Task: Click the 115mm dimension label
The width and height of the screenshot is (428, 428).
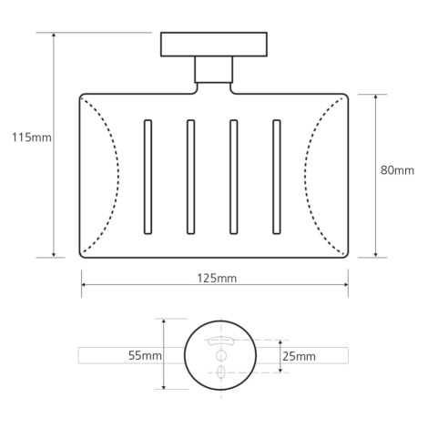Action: pos(32,138)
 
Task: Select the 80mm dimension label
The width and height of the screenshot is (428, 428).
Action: pos(397,170)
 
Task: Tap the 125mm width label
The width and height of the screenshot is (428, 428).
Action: pos(217,278)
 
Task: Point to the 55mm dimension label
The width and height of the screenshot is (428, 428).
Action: pos(145,355)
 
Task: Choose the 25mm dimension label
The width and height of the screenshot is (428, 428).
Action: pos(299,356)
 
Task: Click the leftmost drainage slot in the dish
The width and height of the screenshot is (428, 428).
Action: pos(148,177)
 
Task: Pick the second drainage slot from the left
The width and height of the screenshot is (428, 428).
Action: pos(190,177)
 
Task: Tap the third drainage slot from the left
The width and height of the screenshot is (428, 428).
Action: pos(234,177)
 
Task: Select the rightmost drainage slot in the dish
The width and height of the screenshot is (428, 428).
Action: pos(277,177)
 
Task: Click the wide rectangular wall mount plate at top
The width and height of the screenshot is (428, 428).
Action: pos(214,45)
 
